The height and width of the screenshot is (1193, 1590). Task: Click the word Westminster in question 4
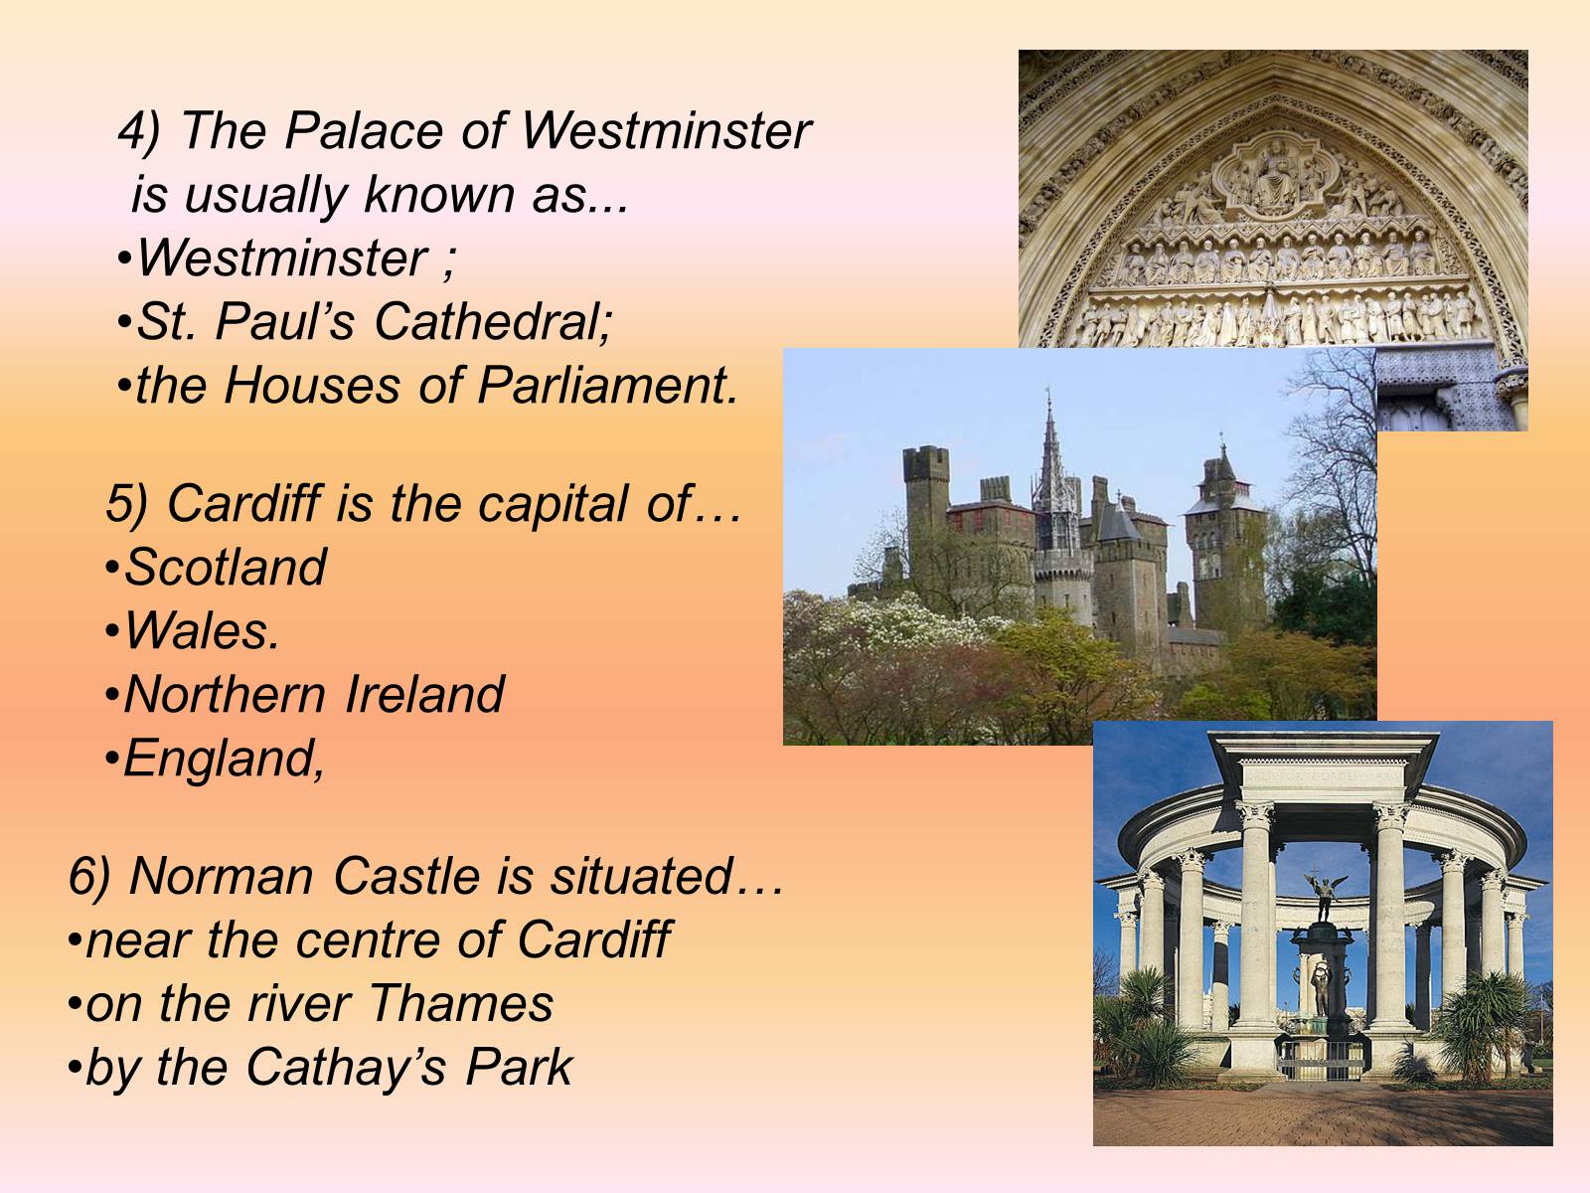[x=666, y=131]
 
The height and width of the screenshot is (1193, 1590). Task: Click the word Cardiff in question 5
[x=244, y=503]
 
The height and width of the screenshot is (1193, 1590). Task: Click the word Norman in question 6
[x=222, y=877]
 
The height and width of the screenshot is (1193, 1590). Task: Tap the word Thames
[x=461, y=1003]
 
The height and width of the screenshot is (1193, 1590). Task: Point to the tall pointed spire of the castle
[x=1048, y=449]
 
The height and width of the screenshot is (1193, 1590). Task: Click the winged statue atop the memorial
[x=1325, y=896]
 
